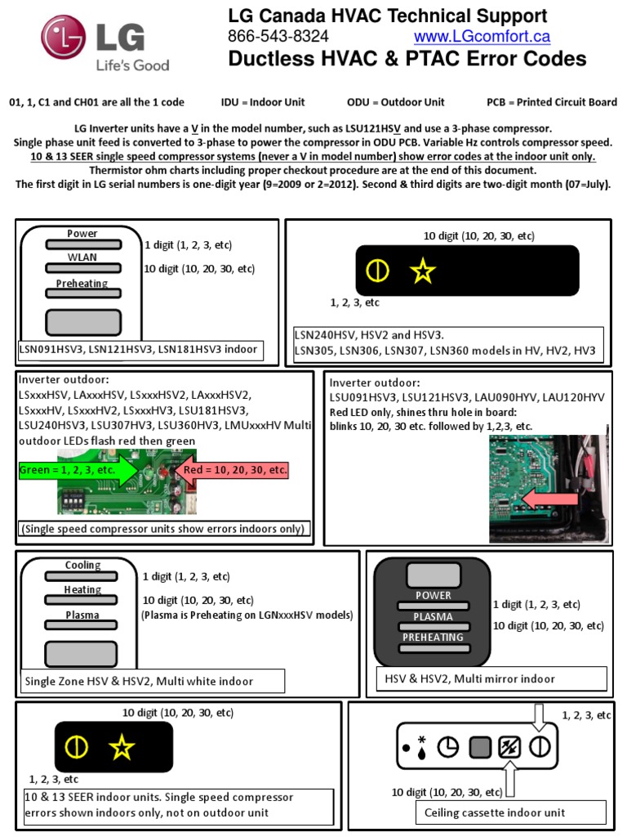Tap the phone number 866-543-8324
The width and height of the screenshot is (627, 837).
click(x=278, y=37)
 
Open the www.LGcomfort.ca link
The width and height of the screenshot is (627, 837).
click(x=482, y=37)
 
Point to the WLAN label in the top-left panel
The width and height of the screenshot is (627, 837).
click(x=82, y=257)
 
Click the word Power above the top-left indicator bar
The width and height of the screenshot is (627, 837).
click(x=82, y=234)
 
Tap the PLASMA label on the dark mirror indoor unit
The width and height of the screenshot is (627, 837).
click(x=433, y=616)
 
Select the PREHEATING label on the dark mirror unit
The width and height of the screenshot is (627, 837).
click(x=433, y=638)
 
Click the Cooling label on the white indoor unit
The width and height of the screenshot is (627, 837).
click(x=83, y=566)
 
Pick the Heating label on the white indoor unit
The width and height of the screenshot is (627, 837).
click(x=83, y=590)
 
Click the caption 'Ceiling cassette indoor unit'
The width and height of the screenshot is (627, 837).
click(x=495, y=812)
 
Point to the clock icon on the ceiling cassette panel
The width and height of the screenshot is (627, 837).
click(x=447, y=747)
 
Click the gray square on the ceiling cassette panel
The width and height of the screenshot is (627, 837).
click(x=479, y=747)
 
